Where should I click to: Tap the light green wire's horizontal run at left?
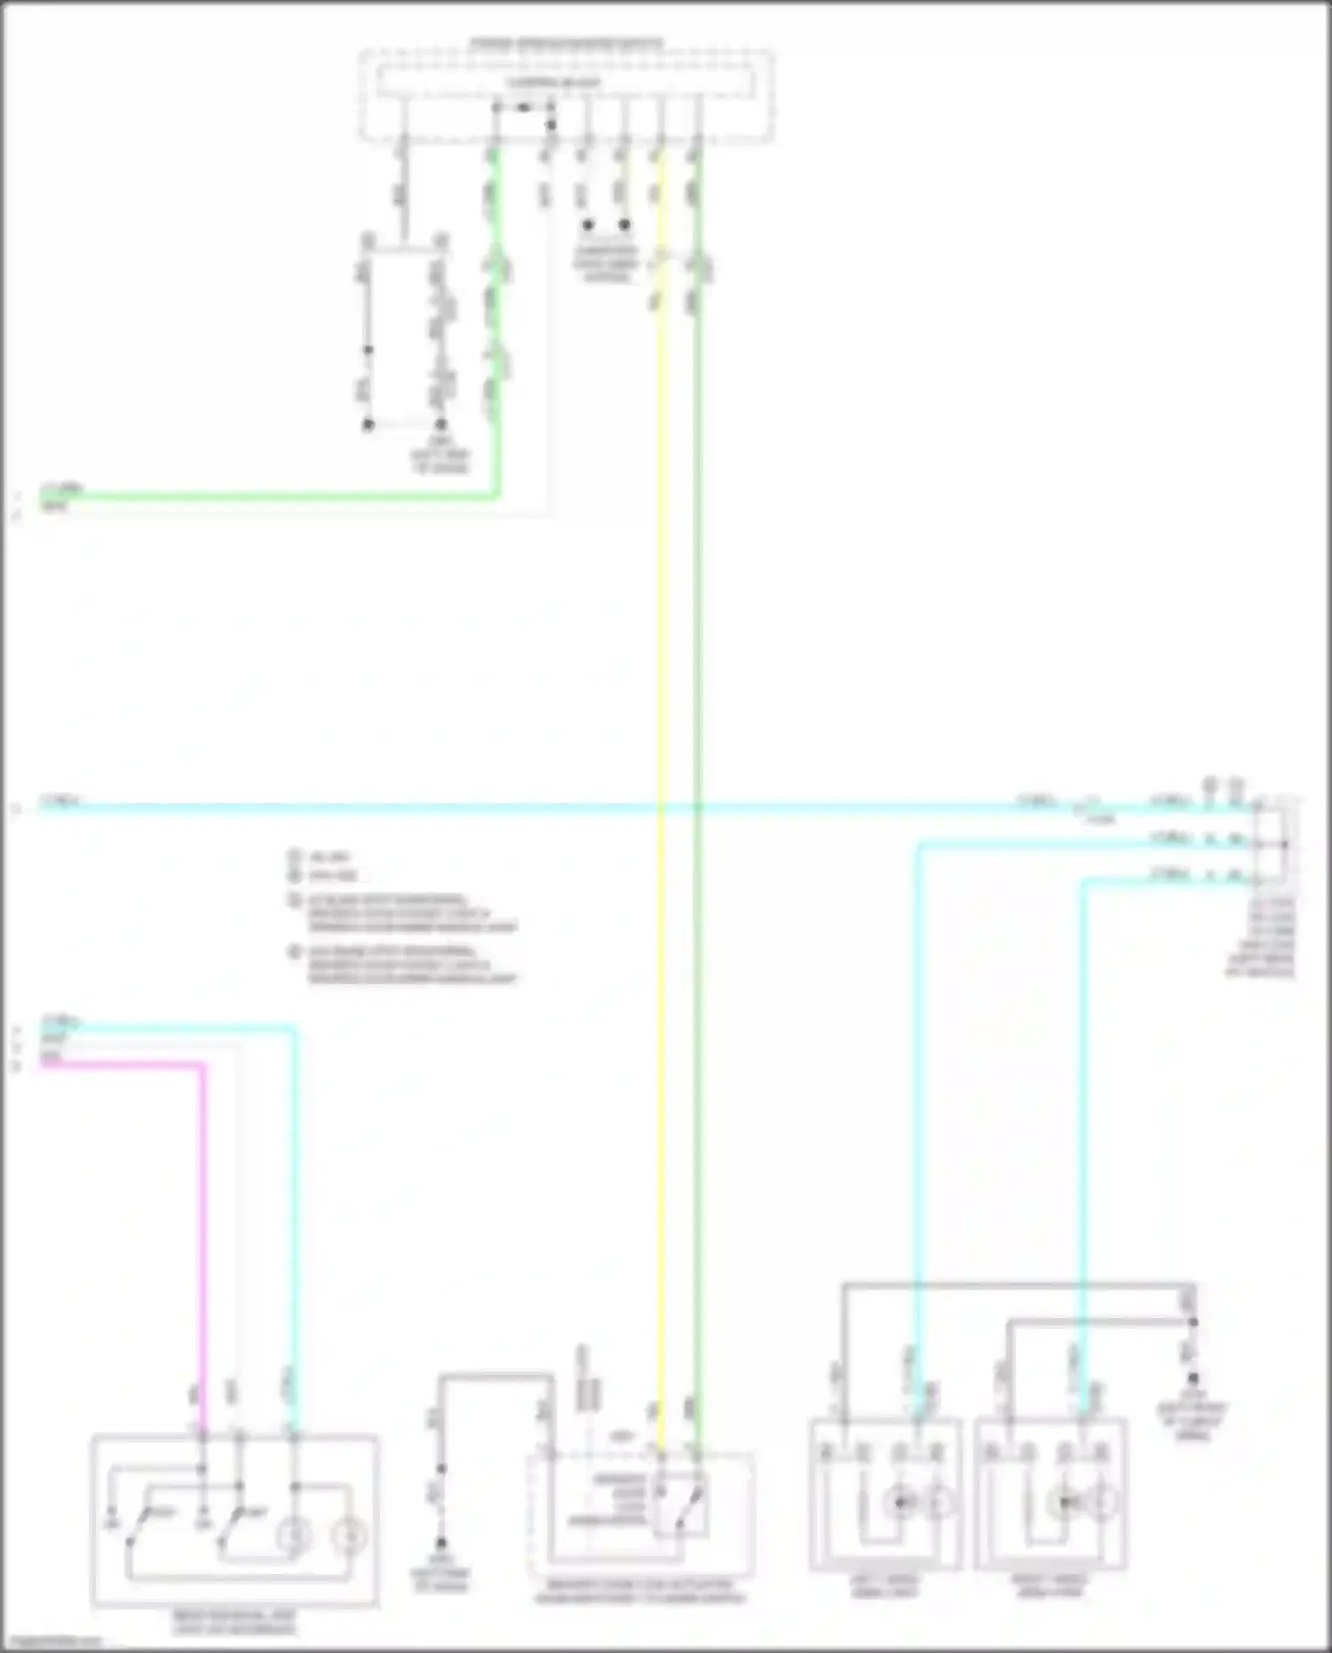pyautogui.click(x=266, y=497)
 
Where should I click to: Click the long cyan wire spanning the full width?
pyautogui.click(x=533, y=807)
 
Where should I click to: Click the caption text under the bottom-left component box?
pyautogui.click(x=234, y=1623)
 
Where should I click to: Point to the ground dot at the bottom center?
pyautogui.click(x=440, y=1544)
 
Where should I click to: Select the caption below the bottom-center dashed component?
pyautogui.click(x=639, y=1591)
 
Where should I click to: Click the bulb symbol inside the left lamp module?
pyautogui.click(x=899, y=1502)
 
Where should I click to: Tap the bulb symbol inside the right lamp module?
pyautogui.click(x=1064, y=1502)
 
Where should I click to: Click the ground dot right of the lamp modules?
pyautogui.click(x=1193, y=1378)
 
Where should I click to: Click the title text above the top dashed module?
pyautogui.click(x=566, y=43)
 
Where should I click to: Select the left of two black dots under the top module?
pyautogui.click(x=587, y=225)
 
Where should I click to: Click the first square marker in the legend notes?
pyautogui.click(x=295, y=856)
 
